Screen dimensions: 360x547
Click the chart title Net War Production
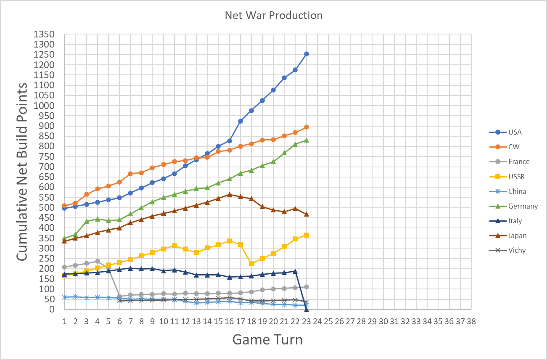pos(274,16)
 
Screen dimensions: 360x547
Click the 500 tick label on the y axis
pos(46,207)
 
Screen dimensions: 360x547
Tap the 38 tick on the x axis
pos(471,321)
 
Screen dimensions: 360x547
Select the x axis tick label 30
pos(383,321)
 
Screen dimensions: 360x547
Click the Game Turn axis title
pos(268,339)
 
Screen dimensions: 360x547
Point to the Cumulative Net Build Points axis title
pos(22,172)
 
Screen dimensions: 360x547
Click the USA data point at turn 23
pos(307,54)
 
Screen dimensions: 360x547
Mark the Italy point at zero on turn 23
pos(307,309)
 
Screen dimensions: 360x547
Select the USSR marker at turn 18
pos(251,264)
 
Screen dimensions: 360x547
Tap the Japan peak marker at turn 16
pos(230,194)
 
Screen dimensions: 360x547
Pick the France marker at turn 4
pos(98,261)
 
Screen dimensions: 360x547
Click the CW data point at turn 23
pos(307,127)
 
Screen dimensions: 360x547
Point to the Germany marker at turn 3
pos(87,221)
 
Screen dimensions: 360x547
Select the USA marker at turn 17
pos(240,121)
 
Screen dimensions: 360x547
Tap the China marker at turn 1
pos(65,297)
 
